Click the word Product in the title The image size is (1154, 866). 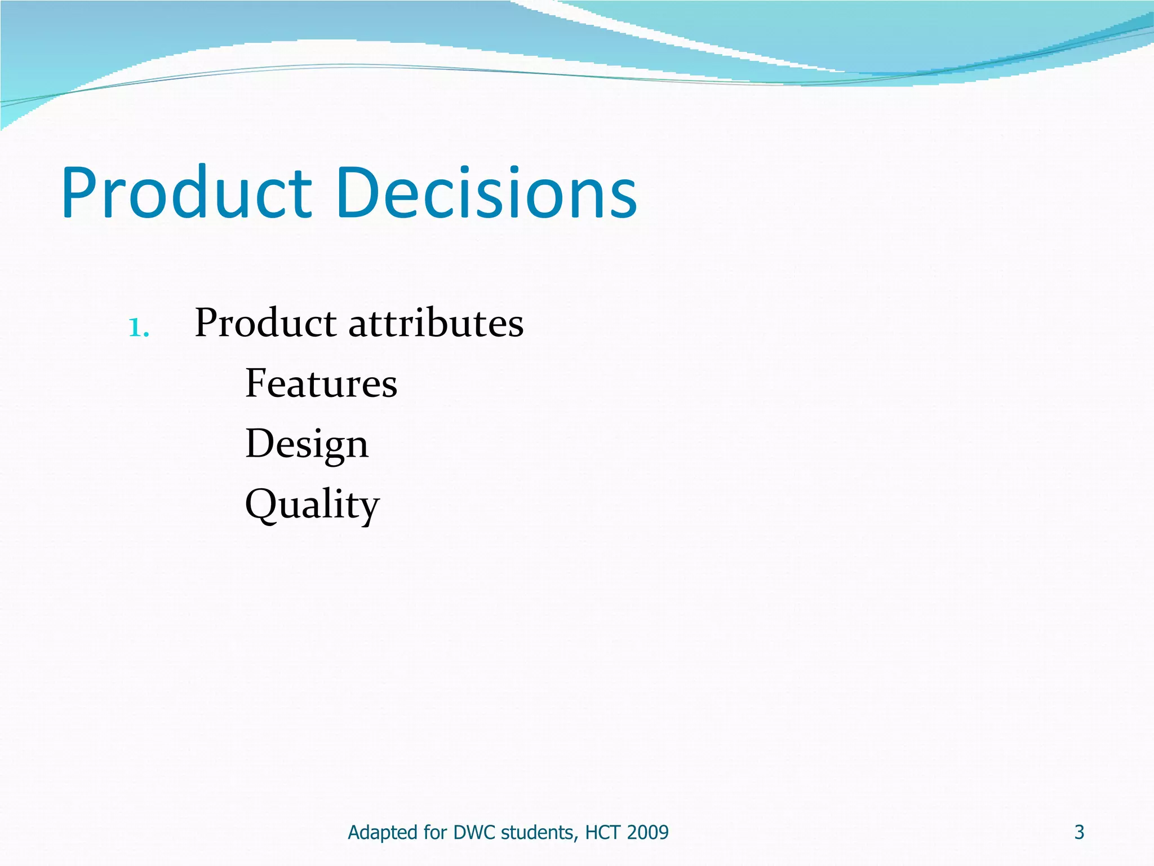tap(186, 193)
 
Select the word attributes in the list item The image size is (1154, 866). tap(436, 324)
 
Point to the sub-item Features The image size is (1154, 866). tap(321, 383)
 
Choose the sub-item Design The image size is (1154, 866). tap(307, 444)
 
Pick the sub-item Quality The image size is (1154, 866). tap(312, 505)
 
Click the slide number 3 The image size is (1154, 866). tap(1079, 832)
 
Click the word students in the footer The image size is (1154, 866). tap(539, 832)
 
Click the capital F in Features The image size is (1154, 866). tap(256, 383)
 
